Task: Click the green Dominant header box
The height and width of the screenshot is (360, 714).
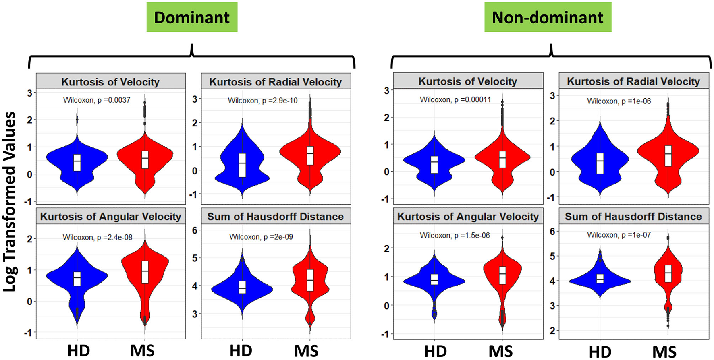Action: click(192, 17)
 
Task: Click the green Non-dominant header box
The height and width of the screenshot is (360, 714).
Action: click(547, 17)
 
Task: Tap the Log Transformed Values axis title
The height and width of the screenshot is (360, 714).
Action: click(10, 201)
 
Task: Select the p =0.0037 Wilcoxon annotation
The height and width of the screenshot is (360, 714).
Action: click(97, 100)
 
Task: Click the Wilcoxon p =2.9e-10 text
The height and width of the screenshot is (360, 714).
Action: click(262, 101)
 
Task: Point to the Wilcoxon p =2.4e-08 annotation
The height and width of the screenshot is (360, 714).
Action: click(97, 237)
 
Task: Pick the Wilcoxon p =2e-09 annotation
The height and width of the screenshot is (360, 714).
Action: click(261, 237)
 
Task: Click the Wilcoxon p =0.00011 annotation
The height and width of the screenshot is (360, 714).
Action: click(455, 99)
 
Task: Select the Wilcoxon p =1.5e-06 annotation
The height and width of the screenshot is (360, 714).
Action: click(455, 235)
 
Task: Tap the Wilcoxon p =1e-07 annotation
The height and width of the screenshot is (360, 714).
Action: click(619, 235)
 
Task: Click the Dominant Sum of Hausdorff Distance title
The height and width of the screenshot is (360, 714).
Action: click(275, 217)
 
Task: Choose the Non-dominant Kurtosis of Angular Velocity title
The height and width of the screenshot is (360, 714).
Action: click(467, 217)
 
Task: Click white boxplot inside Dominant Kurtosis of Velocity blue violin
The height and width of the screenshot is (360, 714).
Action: click(77, 162)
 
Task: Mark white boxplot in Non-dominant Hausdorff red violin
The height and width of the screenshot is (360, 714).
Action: click(668, 273)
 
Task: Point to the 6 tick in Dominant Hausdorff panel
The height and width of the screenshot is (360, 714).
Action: click(195, 230)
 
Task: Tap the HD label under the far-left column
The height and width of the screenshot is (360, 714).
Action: click(79, 350)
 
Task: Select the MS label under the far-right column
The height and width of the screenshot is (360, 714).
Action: click(664, 351)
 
